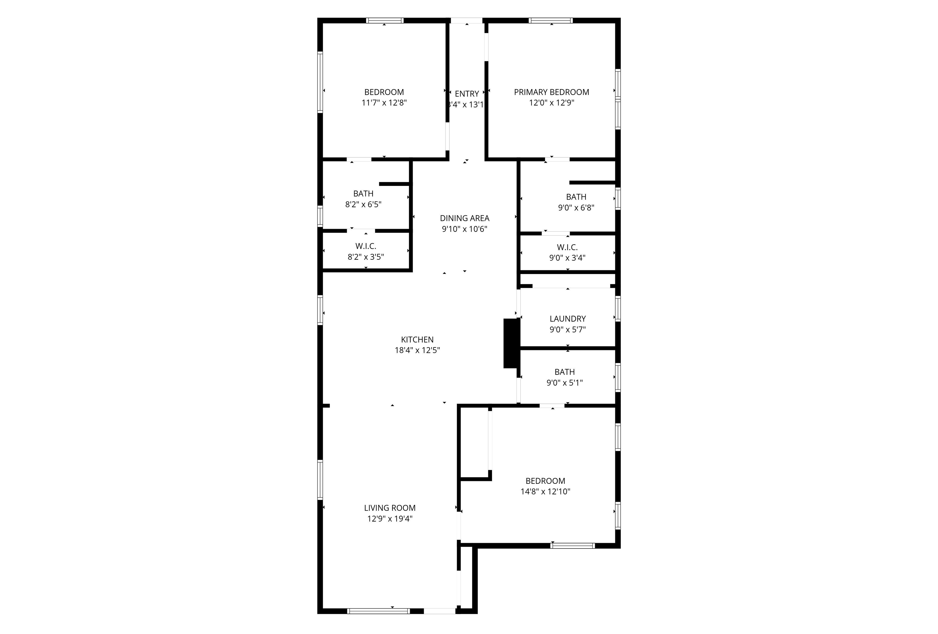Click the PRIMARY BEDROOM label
(x=551, y=92)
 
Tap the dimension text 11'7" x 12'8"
(x=384, y=103)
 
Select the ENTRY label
(x=467, y=94)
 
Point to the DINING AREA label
(x=464, y=218)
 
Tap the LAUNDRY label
(x=568, y=319)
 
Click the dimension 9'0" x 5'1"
(x=564, y=382)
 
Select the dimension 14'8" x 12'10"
(x=545, y=491)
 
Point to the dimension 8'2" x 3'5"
(x=366, y=257)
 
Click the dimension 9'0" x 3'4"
(x=567, y=258)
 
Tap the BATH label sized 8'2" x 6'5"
(x=363, y=194)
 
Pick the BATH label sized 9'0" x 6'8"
(x=576, y=197)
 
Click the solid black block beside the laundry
(x=511, y=343)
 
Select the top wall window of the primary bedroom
(x=551, y=20)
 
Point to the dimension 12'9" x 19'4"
(x=390, y=519)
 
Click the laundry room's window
(x=617, y=309)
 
